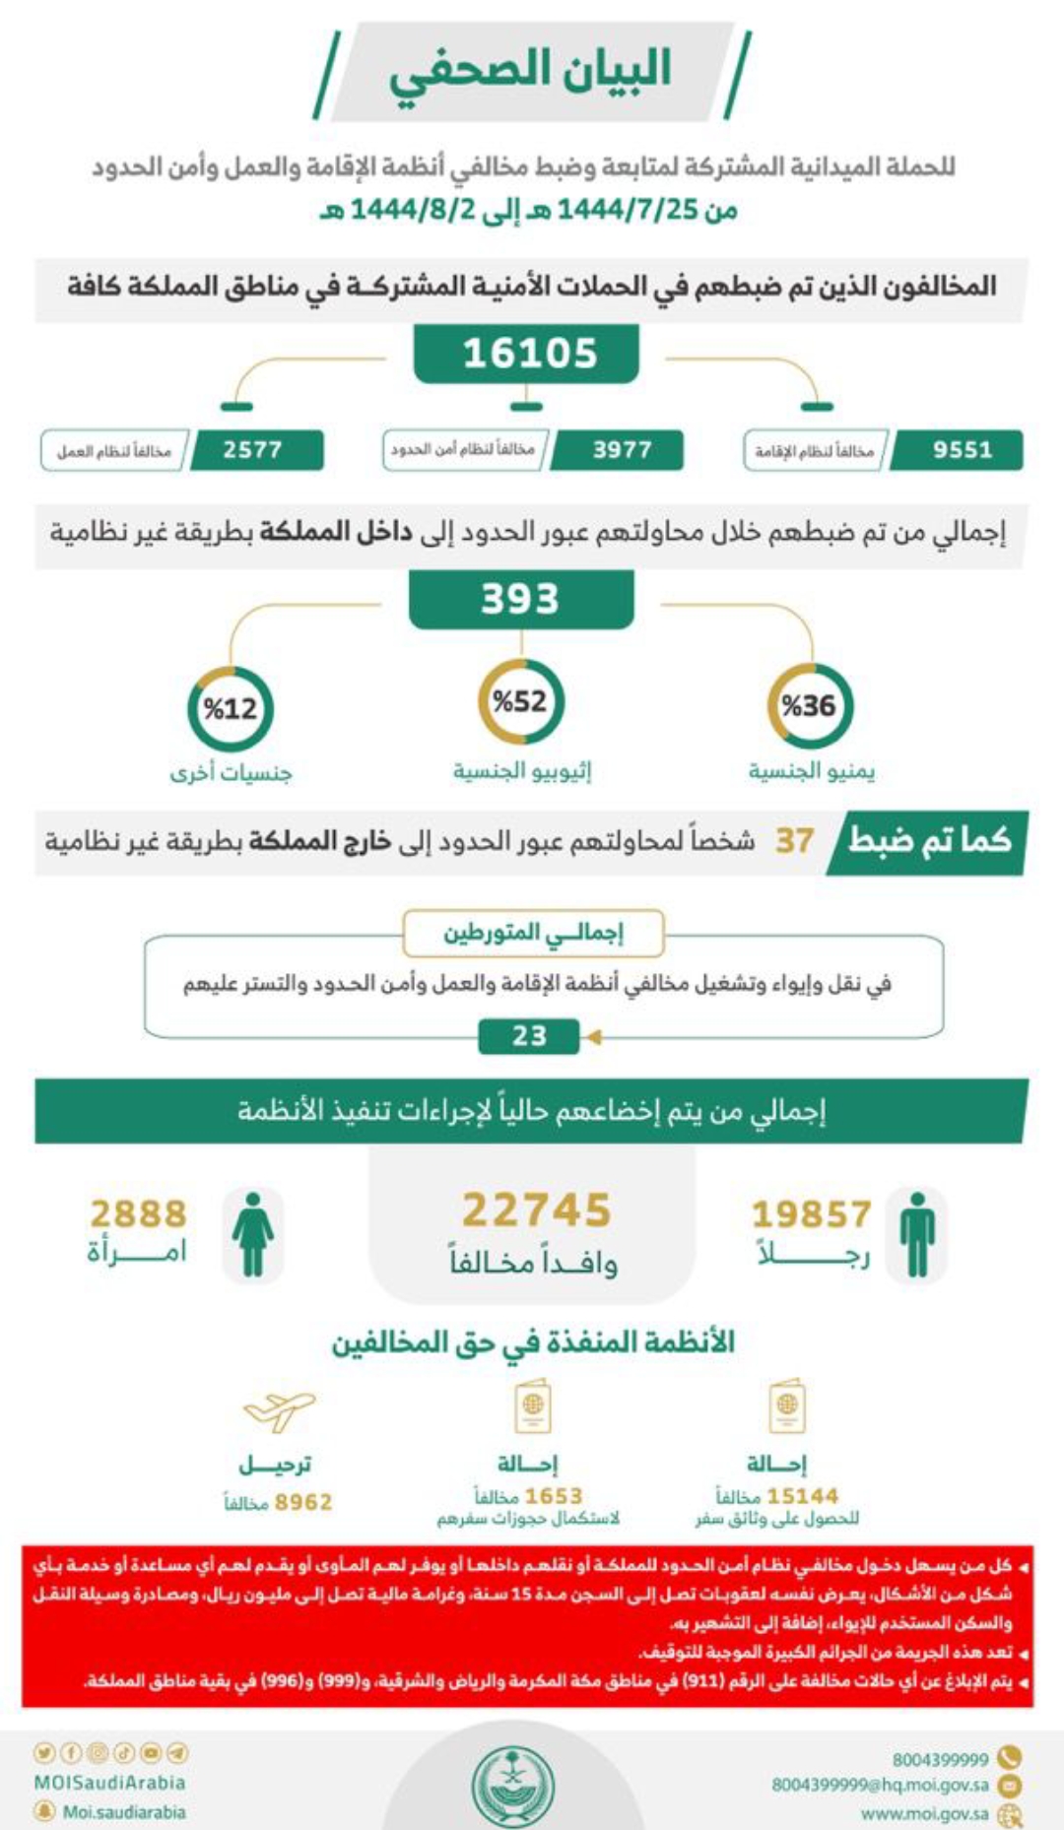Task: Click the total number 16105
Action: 529,353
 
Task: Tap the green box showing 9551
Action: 961,450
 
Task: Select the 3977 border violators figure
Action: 621,450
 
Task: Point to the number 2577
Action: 253,450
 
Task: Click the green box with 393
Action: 520,598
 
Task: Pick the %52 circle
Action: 520,701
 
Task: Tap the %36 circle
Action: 809,705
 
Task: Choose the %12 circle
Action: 230,708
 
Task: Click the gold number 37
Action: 794,840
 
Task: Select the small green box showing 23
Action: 529,1035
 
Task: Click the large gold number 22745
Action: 536,1210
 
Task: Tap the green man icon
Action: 917,1234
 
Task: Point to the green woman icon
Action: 253,1234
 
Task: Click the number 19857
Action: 811,1213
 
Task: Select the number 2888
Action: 138,1213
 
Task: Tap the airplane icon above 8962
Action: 279,1410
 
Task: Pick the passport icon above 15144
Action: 786,1406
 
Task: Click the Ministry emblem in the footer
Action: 513,1784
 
